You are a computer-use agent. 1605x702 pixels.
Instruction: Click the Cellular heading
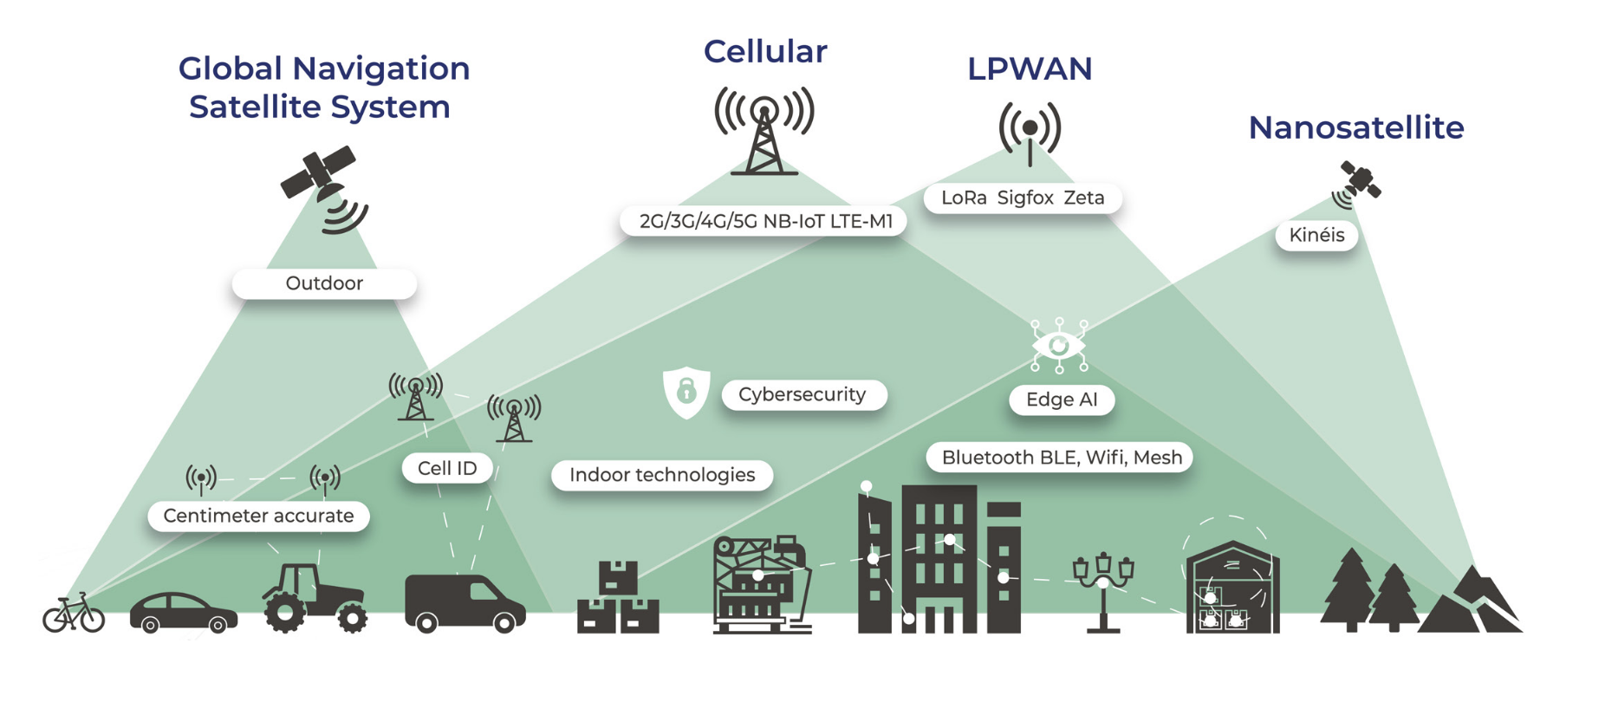764,52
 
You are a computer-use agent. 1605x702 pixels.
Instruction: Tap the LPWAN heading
1029,69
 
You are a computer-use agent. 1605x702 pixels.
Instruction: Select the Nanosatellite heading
1355,128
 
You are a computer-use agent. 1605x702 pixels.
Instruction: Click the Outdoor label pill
324,283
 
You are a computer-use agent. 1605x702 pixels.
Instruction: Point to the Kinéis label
1316,235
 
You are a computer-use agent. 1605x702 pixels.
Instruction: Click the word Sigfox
1024,198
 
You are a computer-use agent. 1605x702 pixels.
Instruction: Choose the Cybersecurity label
802,395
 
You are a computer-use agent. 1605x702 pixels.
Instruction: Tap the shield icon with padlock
686,392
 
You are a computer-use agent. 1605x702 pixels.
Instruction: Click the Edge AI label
1061,400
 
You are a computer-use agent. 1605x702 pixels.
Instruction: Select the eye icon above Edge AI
1058,346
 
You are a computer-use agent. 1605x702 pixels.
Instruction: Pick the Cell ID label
446,469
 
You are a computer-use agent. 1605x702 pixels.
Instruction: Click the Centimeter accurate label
258,517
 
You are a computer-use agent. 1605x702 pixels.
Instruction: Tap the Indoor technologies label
661,475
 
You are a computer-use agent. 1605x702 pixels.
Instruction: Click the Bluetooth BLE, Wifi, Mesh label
1061,458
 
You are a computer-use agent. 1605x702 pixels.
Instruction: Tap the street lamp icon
1102,590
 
